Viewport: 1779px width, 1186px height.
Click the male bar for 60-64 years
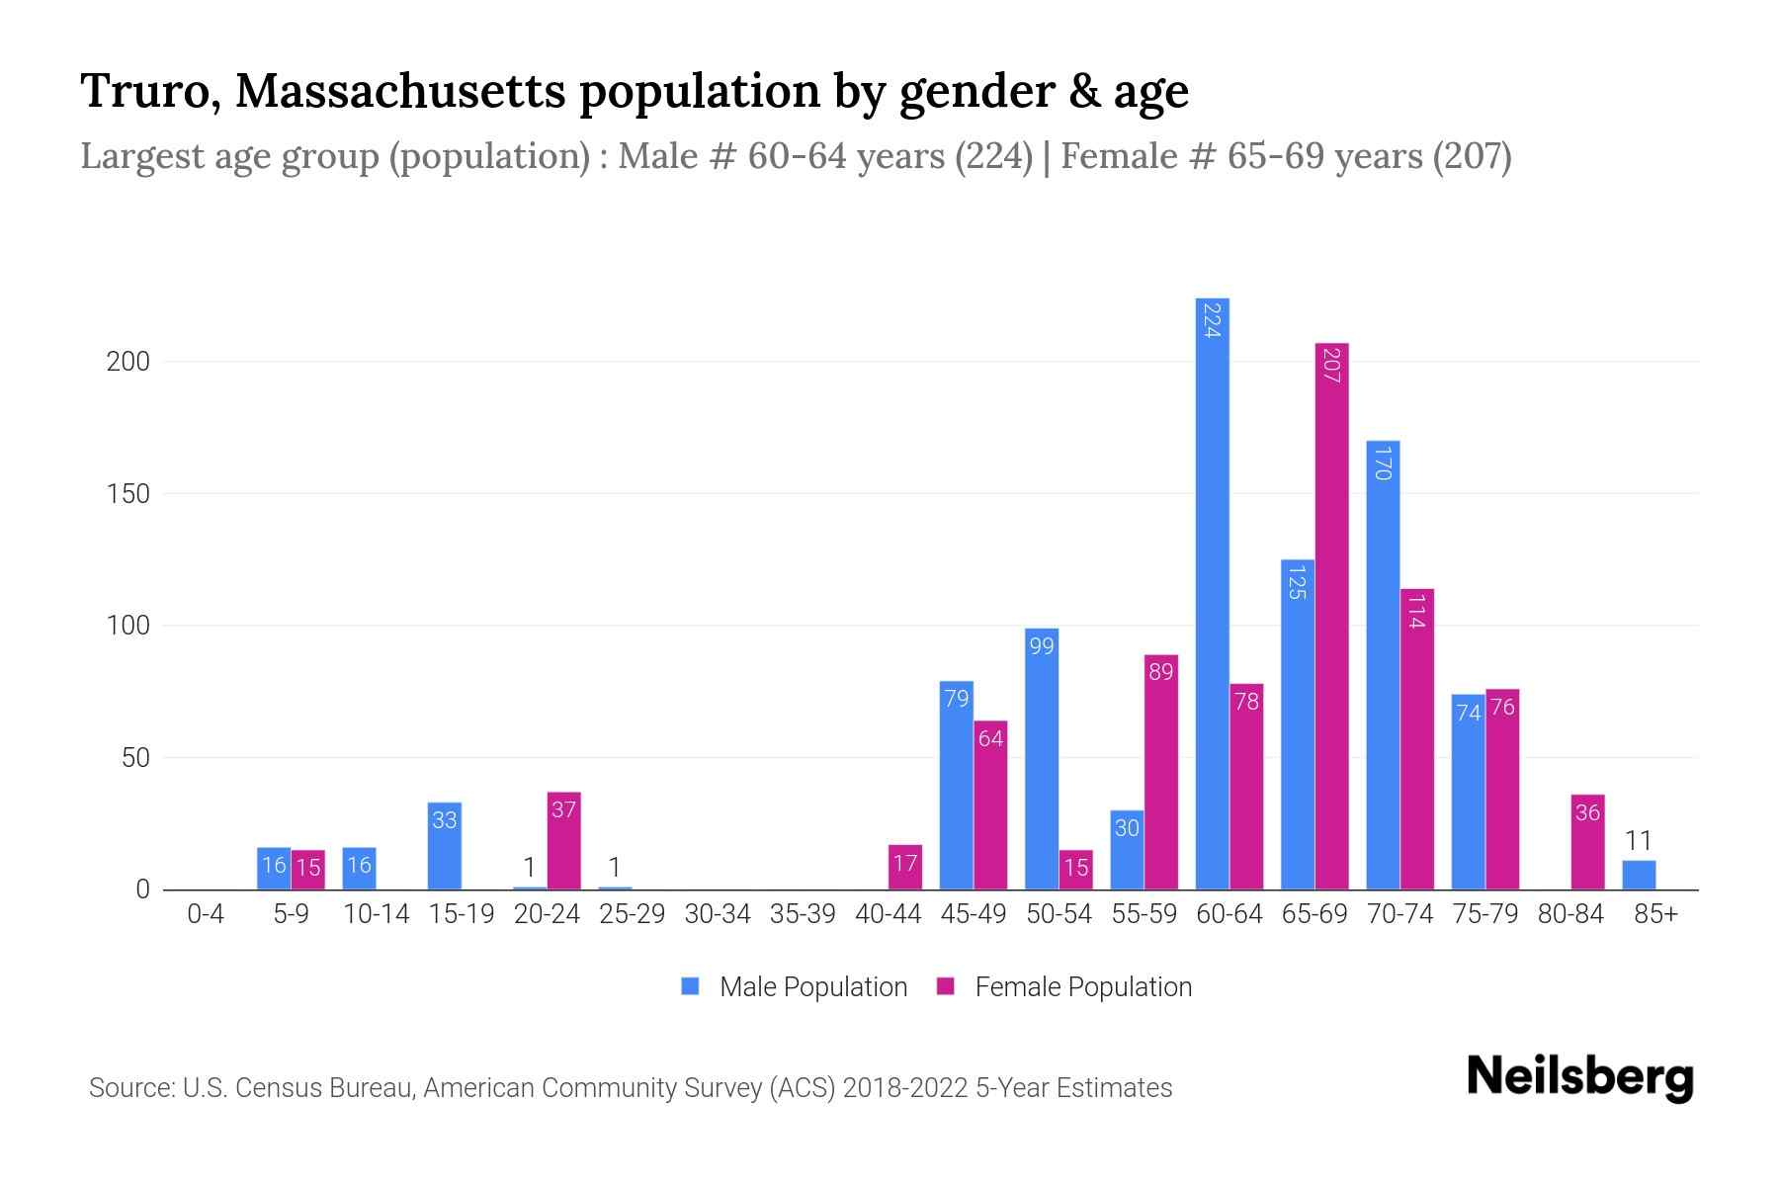1212,593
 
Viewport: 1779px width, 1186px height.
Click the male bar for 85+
1639,876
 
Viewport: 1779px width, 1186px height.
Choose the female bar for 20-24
563,840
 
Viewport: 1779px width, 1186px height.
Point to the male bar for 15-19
445,846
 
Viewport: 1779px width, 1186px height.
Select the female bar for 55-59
1160,772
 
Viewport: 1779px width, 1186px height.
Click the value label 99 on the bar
1042,646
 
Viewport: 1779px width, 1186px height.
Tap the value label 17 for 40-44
905,864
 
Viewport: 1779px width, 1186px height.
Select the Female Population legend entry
1064,987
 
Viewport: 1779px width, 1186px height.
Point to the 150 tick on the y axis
128,494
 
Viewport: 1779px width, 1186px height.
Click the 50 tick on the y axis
135,758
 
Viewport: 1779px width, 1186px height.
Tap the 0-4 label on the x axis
206,914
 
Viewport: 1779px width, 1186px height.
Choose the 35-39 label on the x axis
803,914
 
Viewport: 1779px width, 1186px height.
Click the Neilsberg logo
1579,1077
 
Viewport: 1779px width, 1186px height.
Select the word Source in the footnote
129,1088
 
